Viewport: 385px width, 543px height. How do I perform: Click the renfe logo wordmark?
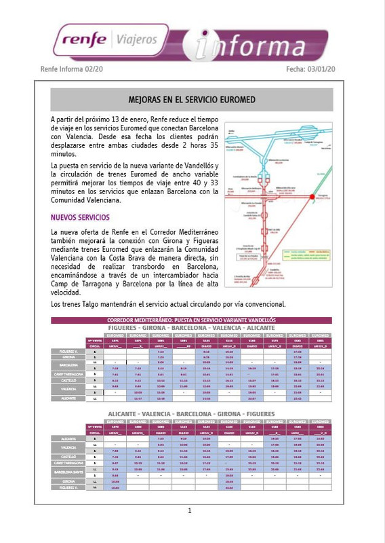[x=83, y=39]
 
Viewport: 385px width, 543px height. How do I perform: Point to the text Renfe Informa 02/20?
[x=72, y=69]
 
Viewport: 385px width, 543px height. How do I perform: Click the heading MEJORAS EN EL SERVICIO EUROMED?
[x=192, y=99]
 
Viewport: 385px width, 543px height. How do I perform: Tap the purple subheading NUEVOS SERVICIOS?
[x=80, y=218]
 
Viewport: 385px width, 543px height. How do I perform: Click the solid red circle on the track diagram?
[x=312, y=197]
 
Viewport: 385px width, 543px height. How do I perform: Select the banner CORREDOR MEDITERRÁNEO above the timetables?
[x=192, y=320]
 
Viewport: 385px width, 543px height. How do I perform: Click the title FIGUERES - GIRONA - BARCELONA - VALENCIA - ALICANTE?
[x=192, y=328]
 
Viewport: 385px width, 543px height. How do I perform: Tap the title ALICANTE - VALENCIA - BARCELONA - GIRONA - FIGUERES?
[x=192, y=413]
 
